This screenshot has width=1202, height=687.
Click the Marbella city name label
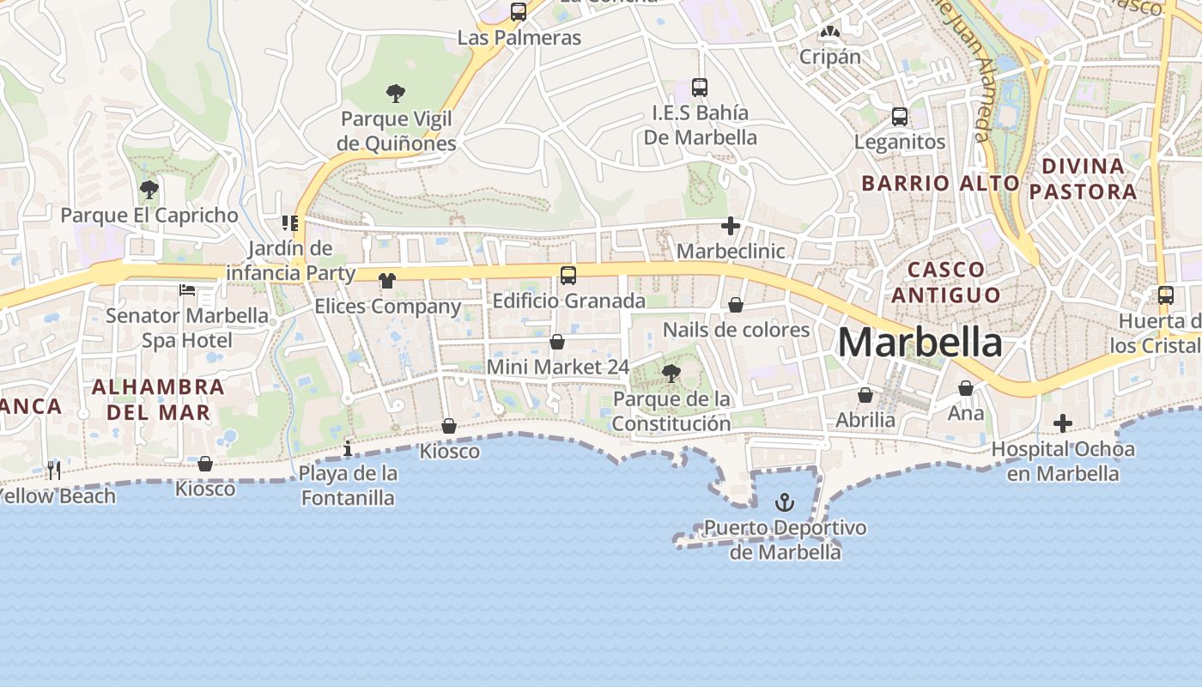[920, 343]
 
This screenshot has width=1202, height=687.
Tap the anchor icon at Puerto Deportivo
[785, 502]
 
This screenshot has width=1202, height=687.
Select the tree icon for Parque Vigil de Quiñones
[396, 94]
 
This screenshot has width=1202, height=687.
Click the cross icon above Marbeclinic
[731, 226]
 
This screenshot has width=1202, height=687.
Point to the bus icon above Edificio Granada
[568, 276]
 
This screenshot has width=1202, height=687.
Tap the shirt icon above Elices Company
[387, 281]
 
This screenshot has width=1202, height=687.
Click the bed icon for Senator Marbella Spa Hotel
[186, 290]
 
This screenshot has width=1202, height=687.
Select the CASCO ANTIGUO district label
[946, 282]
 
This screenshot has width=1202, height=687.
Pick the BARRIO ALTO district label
[940, 183]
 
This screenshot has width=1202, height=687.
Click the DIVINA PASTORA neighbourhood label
[1083, 179]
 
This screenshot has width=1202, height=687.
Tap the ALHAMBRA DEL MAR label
[158, 399]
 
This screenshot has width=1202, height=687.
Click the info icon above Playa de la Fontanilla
[348, 448]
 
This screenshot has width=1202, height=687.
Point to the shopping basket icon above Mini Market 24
[557, 342]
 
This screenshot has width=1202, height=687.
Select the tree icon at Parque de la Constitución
[671, 373]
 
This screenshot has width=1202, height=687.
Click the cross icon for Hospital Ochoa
[1063, 423]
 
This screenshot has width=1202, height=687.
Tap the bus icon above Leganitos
[900, 117]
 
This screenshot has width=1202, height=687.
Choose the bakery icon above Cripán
[829, 33]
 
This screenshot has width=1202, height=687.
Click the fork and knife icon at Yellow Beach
[54, 470]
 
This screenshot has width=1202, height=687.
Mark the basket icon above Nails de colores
[736, 305]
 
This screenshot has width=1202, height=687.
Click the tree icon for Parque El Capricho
[149, 189]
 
